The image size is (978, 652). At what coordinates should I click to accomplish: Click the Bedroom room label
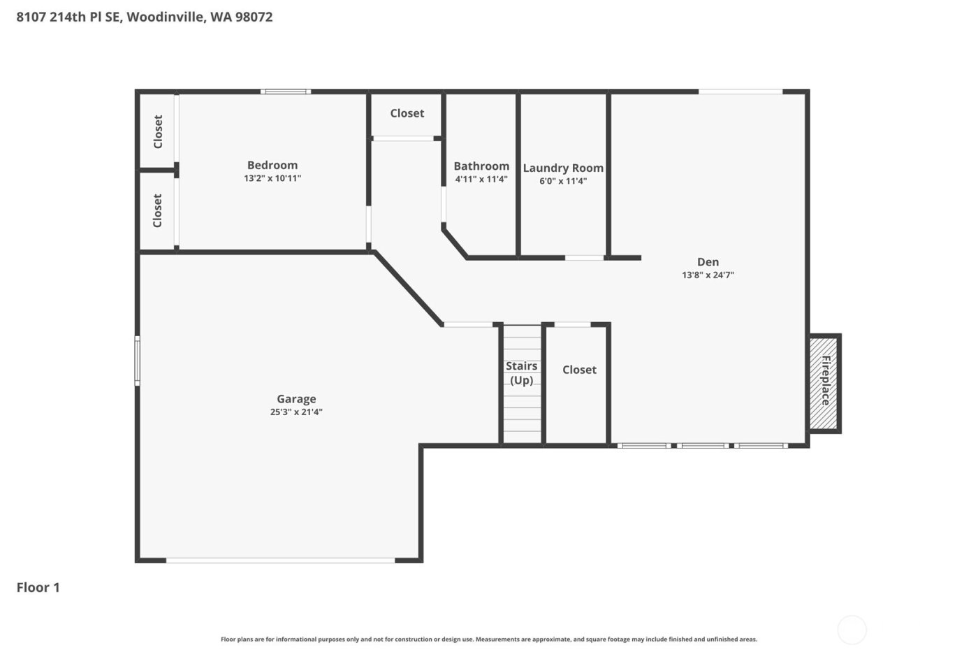pyautogui.click(x=272, y=165)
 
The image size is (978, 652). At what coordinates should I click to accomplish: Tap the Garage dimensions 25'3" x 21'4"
pyautogui.click(x=296, y=412)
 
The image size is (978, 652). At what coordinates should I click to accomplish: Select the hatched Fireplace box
pyautogui.click(x=824, y=383)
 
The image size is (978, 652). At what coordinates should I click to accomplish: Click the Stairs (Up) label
pyautogui.click(x=522, y=373)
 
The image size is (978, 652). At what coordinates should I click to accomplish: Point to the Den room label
pyautogui.click(x=708, y=262)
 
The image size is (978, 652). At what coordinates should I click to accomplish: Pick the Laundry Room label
pyautogui.click(x=563, y=168)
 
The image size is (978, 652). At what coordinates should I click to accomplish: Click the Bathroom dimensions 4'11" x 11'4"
pyautogui.click(x=481, y=180)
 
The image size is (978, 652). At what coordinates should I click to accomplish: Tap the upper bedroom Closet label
pyautogui.click(x=158, y=131)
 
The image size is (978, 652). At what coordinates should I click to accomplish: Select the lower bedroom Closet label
pyautogui.click(x=158, y=210)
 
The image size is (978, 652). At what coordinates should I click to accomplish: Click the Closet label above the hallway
pyautogui.click(x=407, y=113)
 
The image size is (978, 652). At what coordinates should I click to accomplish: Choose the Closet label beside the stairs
pyautogui.click(x=579, y=370)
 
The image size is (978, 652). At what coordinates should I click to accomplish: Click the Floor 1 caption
pyautogui.click(x=38, y=587)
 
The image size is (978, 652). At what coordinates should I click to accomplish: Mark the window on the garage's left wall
pyautogui.click(x=138, y=361)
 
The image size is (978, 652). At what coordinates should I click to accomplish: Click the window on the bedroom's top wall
pyautogui.click(x=286, y=92)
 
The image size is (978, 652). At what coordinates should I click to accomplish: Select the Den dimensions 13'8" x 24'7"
pyautogui.click(x=708, y=275)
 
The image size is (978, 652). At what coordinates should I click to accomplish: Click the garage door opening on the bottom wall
pyautogui.click(x=280, y=560)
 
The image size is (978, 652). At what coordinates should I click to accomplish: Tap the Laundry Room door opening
pyautogui.click(x=585, y=258)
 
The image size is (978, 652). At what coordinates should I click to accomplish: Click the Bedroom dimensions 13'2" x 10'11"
pyautogui.click(x=272, y=179)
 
